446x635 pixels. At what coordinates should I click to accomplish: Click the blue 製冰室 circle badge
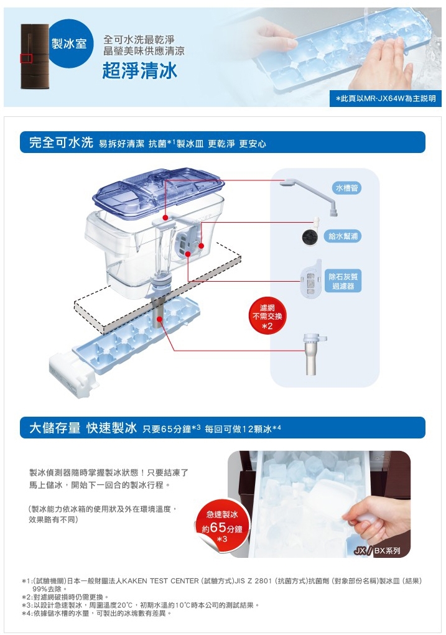pos(70,43)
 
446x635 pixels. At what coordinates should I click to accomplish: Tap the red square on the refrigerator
pos(26,58)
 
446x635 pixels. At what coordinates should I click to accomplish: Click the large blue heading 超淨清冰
pos(140,70)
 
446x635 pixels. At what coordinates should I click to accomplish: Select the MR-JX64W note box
pos(385,98)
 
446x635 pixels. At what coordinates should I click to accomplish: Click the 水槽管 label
pos(346,188)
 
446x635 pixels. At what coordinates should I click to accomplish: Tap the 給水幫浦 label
pos(343,236)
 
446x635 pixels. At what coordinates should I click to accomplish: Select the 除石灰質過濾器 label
pos(343,281)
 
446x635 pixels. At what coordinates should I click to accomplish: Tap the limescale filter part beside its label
pos(311,279)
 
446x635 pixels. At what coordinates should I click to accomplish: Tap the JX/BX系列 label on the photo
pos(377,550)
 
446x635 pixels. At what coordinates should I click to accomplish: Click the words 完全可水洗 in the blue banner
pos(61,142)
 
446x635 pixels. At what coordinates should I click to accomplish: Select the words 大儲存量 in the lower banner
pos(55,428)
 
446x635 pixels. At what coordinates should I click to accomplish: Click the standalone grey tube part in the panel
pos(313,355)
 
